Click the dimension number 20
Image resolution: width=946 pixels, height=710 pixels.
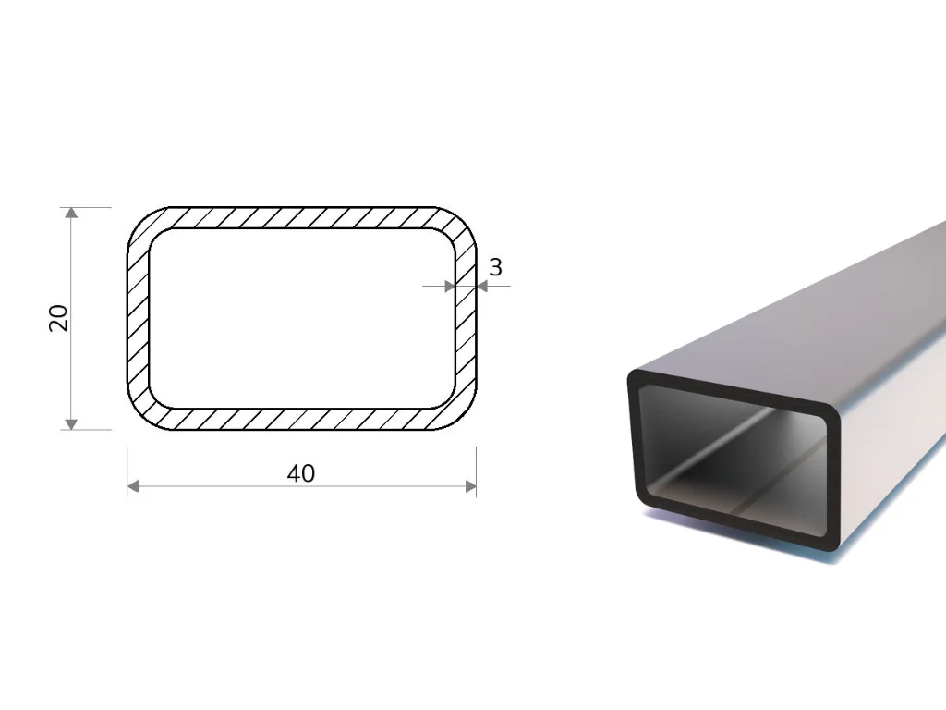click(x=58, y=318)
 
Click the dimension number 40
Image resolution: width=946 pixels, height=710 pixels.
click(x=301, y=474)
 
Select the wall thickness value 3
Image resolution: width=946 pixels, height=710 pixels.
click(x=495, y=267)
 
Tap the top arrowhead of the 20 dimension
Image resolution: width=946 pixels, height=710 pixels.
click(x=72, y=212)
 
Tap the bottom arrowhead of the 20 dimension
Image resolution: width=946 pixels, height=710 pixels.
click(x=72, y=424)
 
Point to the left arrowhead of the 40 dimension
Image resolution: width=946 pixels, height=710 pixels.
click(x=133, y=486)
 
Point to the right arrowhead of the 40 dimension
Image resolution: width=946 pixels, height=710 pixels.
click(x=470, y=486)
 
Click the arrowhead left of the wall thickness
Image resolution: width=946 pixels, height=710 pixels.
click(x=450, y=287)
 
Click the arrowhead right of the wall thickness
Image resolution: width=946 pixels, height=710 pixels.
click(x=481, y=287)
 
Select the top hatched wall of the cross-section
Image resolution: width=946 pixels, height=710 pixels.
click(x=302, y=218)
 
